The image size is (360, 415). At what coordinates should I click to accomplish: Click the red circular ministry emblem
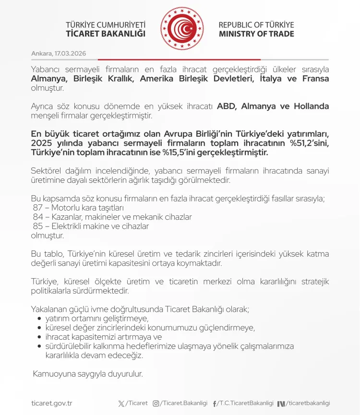(182, 29)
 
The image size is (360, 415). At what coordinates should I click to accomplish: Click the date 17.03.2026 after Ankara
(71, 53)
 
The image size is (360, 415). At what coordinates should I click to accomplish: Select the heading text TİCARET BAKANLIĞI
(106, 34)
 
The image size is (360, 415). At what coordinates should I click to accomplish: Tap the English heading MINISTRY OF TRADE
(256, 34)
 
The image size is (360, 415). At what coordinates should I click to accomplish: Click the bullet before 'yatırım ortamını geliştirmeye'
(39, 319)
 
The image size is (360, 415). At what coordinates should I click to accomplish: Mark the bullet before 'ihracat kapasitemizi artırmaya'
(39, 337)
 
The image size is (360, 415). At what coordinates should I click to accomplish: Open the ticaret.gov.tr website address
(51, 403)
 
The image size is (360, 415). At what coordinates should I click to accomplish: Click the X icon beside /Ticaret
(121, 403)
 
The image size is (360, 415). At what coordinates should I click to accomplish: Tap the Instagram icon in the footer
(156, 403)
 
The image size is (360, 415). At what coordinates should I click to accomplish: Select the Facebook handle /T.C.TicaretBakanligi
(245, 403)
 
